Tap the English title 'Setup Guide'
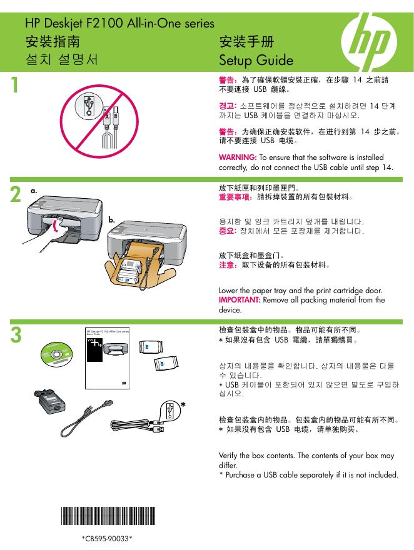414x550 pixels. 256,60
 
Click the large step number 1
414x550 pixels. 14,85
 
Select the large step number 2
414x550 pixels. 16,194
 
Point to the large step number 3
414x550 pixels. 16,335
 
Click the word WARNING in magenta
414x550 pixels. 238,157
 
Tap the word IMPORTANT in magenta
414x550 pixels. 240,300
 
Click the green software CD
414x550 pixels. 56,354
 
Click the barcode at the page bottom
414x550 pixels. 108,516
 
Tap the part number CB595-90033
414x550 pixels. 107,538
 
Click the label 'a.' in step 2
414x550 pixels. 34,191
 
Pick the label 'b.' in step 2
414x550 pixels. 111,220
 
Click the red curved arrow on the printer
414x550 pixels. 56,226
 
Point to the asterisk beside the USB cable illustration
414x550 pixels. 183,405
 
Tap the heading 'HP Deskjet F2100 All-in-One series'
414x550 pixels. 119,24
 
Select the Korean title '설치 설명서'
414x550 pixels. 62,59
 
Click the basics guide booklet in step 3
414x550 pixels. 108,359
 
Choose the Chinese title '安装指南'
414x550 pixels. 53,41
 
